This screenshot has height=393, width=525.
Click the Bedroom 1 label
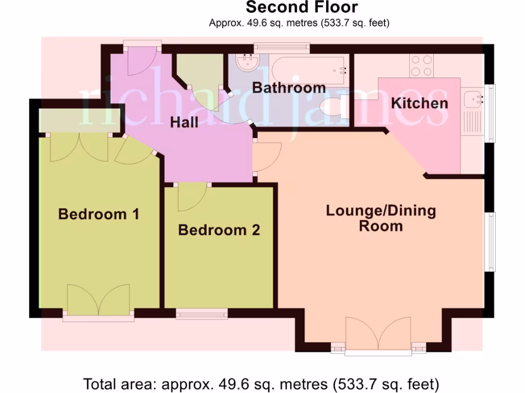[x=99, y=214]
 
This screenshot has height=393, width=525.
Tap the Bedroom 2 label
[x=219, y=230]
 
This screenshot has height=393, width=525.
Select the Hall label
[x=185, y=122]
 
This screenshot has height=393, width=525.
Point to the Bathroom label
[x=289, y=88]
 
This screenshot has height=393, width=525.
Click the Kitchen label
[x=419, y=103]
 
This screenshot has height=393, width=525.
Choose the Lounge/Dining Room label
[x=381, y=218]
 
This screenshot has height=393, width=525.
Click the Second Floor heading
[x=302, y=7]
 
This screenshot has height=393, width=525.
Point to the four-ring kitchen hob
[x=421, y=65]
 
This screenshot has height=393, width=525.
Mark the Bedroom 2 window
[x=201, y=314]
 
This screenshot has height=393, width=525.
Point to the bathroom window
[x=282, y=47]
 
